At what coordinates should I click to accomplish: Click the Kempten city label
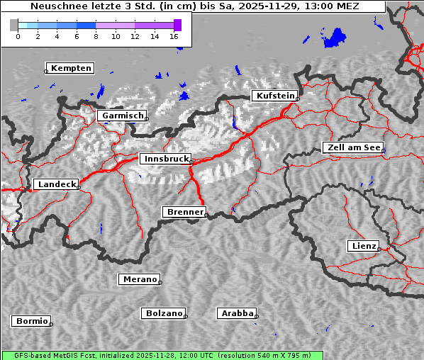[x=72, y=68]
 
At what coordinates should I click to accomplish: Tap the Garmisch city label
[x=123, y=116]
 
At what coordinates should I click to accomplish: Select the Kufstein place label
[x=275, y=96]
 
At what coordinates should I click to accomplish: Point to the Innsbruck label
[x=165, y=159]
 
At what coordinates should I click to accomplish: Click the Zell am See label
[x=352, y=147]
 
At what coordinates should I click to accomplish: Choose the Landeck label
[x=56, y=184]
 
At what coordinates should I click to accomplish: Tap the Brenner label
[x=185, y=212]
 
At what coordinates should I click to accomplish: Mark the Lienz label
[x=364, y=246]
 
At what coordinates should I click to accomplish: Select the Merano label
[x=140, y=279]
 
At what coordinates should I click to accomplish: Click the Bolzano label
[x=164, y=313]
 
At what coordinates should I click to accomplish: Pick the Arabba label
[x=237, y=313]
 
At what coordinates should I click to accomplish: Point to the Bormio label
[x=32, y=321]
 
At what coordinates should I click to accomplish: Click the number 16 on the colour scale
[x=174, y=36]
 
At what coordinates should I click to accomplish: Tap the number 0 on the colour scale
[x=18, y=36]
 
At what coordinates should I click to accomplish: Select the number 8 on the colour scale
[x=96, y=36]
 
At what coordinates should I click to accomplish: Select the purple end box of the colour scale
[x=177, y=25]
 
